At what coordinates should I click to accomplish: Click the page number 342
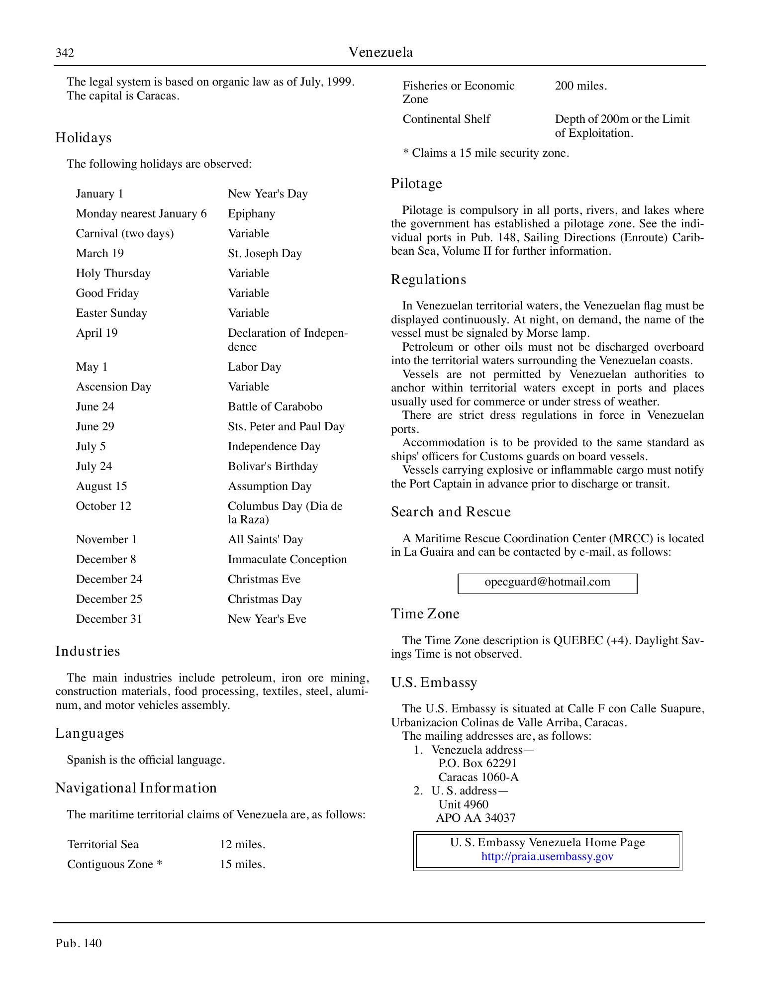pyautogui.click(x=65, y=53)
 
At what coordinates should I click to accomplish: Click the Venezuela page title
pyautogui.click(x=380, y=52)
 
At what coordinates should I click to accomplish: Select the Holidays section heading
pyautogui.click(x=83, y=138)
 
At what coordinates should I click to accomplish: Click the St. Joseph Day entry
pyautogui.click(x=265, y=254)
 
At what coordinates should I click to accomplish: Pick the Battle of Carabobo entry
pyautogui.click(x=275, y=407)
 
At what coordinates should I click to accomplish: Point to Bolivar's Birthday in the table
pyautogui.click(x=273, y=467)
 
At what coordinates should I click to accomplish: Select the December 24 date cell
pyautogui.click(x=109, y=580)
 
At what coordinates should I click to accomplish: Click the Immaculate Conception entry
pyautogui.click(x=287, y=560)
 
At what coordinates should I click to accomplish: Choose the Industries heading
pyautogui.click(x=88, y=651)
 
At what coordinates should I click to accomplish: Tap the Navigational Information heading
pyautogui.click(x=136, y=788)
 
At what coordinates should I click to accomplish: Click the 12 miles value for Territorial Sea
pyautogui.click(x=242, y=845)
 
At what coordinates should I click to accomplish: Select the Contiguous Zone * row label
pyautogui.click(x=114, y=865)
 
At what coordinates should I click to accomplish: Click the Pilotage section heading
pyautogui.click(x=416, y=184)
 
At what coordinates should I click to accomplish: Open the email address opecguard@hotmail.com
pyautogui.click(x=547, y=582)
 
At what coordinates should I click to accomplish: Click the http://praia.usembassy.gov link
pyautogui.click(x=547, y=857)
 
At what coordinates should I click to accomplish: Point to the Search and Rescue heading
pyautogui.click(x=451, y=512)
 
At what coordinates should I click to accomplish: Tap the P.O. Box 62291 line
pyautogui.click(x=477, y=764)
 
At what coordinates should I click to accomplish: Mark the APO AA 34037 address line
pyautogui.click(x=476, y=818)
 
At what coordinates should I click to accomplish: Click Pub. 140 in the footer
pyautogui.click(x=79, y=943)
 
